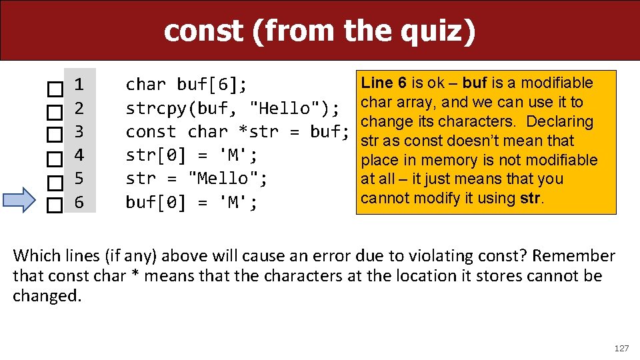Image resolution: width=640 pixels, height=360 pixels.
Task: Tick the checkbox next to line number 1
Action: pos(55,87)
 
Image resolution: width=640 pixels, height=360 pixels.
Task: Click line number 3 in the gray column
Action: pos(79,131)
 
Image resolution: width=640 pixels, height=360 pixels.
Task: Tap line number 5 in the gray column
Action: pos(79,179)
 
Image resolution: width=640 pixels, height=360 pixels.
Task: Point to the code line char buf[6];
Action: pos(187,85)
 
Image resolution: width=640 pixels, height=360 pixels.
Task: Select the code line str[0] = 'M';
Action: pos(191,155)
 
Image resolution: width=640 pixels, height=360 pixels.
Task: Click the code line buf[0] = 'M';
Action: pos(191,202)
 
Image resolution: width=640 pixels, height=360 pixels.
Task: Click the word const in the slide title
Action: pos(203,30)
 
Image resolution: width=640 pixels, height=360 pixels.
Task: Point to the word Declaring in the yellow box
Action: pos(561,121)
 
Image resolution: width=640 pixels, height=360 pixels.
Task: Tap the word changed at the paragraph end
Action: pos(46,296)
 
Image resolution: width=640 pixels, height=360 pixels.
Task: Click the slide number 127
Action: pos(621,348)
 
